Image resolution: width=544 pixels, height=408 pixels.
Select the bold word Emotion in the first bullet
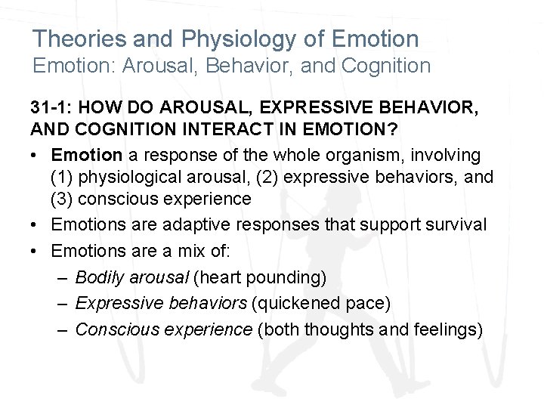87,155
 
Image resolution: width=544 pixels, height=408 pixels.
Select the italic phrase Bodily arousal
132,278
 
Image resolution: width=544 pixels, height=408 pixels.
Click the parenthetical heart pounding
260,278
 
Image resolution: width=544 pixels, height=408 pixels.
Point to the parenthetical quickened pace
320,304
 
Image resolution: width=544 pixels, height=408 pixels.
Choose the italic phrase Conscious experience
164,330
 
